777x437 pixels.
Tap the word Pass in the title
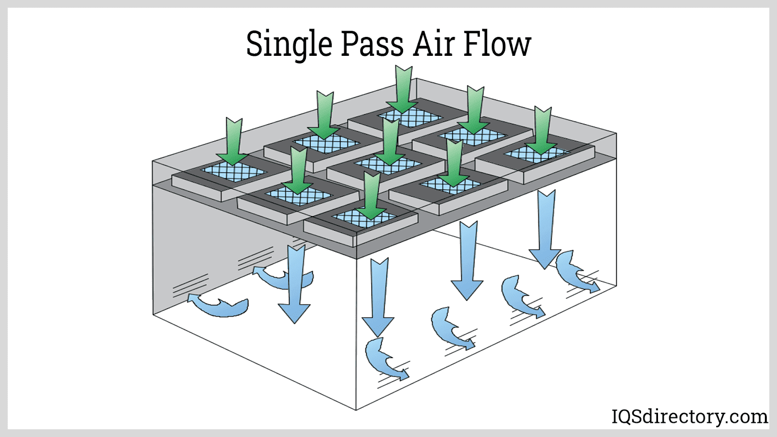tap(372, 44)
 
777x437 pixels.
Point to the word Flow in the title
tap(497, 44)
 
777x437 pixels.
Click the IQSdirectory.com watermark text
tap(689, 417)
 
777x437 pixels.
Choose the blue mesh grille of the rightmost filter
tap(537, 154)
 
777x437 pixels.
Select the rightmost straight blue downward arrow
tap(546, 228)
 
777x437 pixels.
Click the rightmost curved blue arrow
tap(575, 272)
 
